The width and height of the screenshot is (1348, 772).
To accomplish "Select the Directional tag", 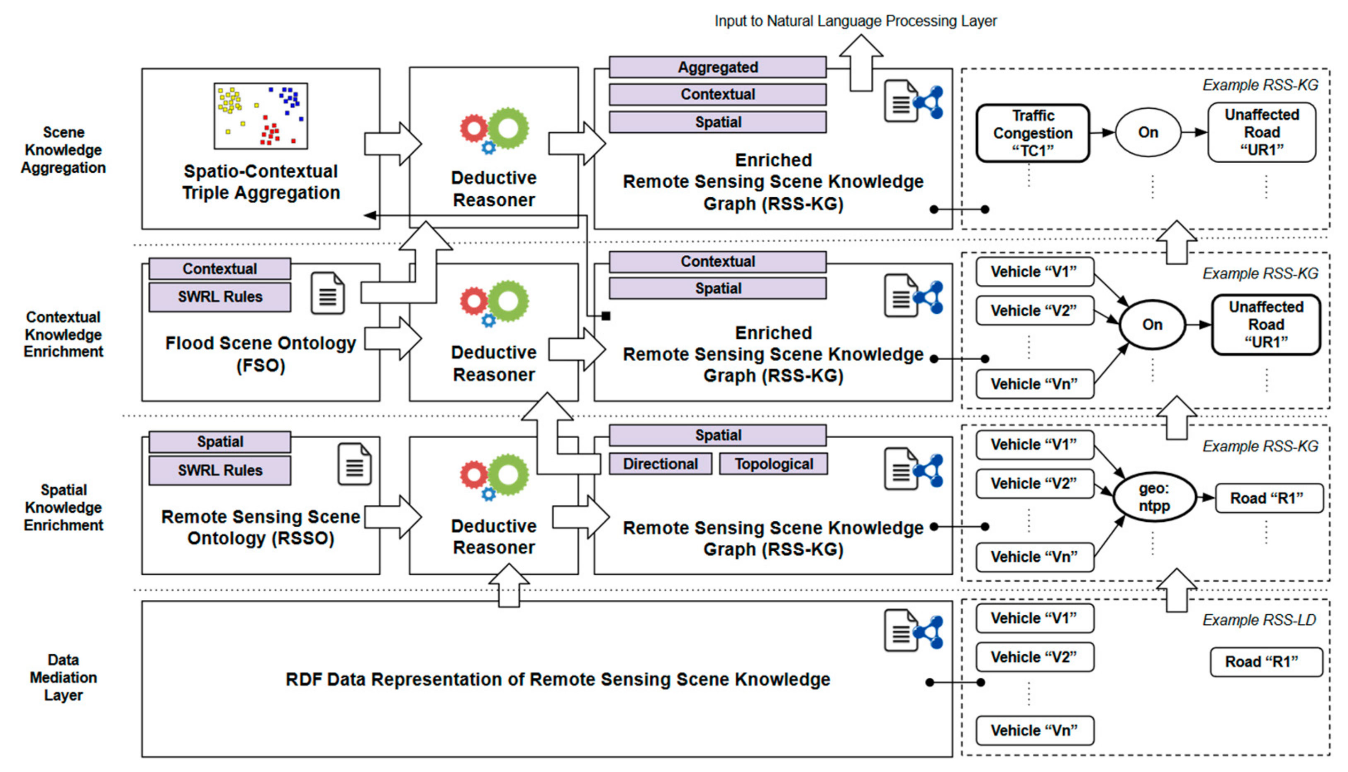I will click(660, 464).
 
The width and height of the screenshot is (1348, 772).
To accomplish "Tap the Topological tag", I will click(774, 464).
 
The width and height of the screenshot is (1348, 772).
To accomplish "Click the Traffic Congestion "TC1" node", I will click(1033, 133).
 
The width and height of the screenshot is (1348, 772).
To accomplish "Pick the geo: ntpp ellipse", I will click(1154, 497).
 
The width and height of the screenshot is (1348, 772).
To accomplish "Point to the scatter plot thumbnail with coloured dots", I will click(261, 115).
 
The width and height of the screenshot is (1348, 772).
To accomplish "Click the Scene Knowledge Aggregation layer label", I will click(63, 150).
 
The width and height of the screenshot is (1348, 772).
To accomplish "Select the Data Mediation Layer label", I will click(63, 678).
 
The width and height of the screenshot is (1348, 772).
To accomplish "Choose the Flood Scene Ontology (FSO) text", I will click(261, 354).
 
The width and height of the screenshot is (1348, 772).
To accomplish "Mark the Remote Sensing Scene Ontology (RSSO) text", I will click(261, 528).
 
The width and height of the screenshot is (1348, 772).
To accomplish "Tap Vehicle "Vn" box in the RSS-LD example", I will click(1035, 730).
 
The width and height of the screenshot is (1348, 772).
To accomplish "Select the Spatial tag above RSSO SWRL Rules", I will click(220, 442).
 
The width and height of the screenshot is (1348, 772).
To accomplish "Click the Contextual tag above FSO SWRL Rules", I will click(220, 269).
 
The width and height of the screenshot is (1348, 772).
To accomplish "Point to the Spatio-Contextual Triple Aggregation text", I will click(261, 182).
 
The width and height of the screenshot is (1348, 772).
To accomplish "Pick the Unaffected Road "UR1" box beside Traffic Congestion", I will click(1262, 132).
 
